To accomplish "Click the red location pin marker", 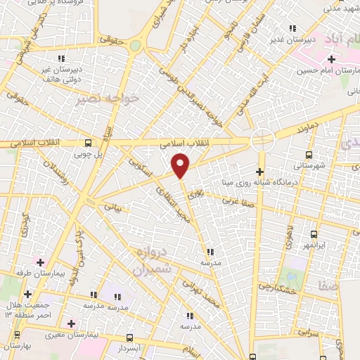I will pos(181,165).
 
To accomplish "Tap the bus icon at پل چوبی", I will pos(87,141).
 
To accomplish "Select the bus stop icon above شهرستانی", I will pos(308,155).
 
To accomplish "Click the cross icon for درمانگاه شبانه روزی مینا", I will pos(260,171).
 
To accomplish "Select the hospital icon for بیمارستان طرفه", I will pos(40,262).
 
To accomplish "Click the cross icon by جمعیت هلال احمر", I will pos(27,294).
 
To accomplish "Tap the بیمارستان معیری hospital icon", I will pos(71,324).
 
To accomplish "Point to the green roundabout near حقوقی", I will pos(135,46).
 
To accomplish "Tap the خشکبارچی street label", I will pos(275,288).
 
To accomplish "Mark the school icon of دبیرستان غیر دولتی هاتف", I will pos(61,58).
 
